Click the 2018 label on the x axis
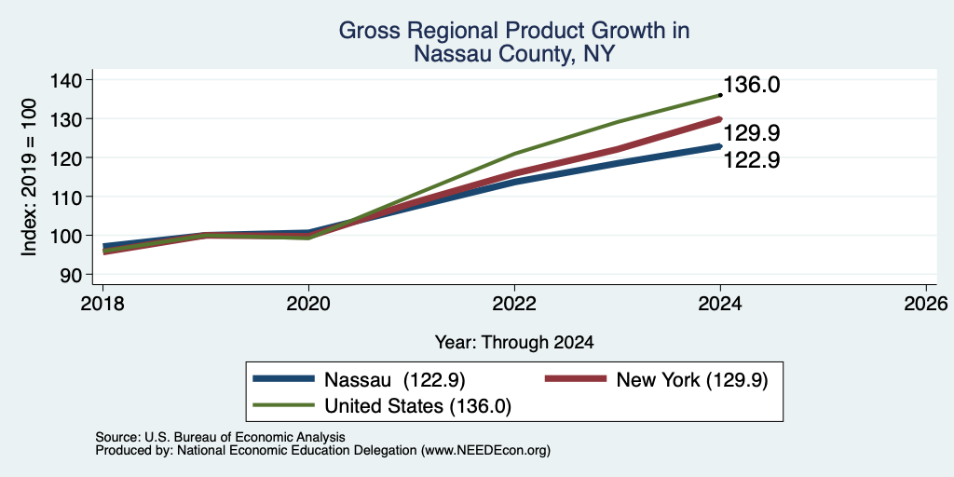click(x=102, y=304)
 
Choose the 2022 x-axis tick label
click(x=514, y=304)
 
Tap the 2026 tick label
click(x=926, y=304)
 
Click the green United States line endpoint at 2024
click(x=720, y=95)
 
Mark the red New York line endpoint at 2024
click(x=720, y=119)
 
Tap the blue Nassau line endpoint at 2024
click(x=720, y=146)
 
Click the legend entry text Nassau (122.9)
click(x=395, y=380)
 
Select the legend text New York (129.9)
click(x=692, y=380)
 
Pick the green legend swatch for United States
click(x=283, y=405)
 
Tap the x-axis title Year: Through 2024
click(x=514, y=343)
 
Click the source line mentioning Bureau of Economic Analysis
click(x=220, y=437)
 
